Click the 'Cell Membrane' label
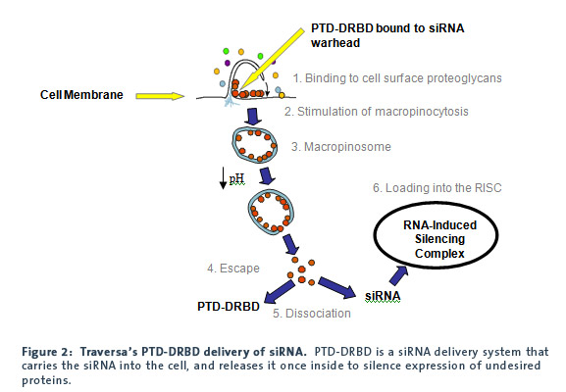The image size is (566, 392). (81, 95)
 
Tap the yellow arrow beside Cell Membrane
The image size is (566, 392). (160, 96)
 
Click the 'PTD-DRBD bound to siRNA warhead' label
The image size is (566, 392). (387, 35)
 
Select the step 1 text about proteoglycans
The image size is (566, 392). (397, 78)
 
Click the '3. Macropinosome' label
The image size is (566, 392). (341, 147)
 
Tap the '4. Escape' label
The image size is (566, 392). (233, 269)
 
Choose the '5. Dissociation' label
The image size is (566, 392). (312, 314)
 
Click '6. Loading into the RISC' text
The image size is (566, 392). (437, 188)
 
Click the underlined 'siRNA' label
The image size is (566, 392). (383, 296)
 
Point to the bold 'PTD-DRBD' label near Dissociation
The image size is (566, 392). (229, 307)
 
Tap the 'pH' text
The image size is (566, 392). (236, 178)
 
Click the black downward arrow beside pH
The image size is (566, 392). (223, 177)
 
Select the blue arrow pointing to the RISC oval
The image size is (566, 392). (399, 275)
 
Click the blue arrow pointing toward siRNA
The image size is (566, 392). (337, 287)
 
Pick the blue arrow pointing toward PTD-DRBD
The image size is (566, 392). (280, 292)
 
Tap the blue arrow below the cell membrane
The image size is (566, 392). (253, 116)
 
